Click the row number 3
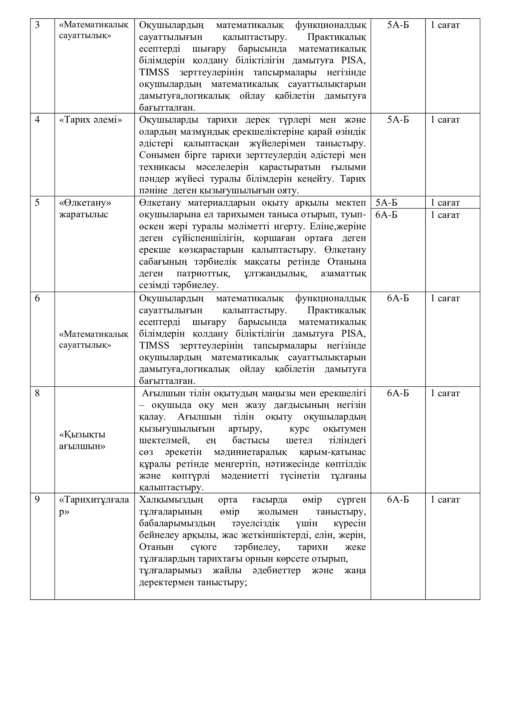pyautogui.click(x=37, y=25)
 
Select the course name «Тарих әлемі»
pyautogui.click(x=90, y=120)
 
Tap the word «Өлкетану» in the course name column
pyautogui.click(x=85, y=203)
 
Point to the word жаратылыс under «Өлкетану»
pyautogui.click(x=83, y=215)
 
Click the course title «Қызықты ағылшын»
pyautogui.click(x=82, y=440)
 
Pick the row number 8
pyautogui.click(x=37, y=393)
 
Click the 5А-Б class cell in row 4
pyautogui.click(x=398, y=120)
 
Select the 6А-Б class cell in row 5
pyautogui.click(x=387, y=215)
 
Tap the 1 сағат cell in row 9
pyautogui.click(x=445, y=500)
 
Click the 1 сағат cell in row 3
pyautogui.click(x=445, y=25)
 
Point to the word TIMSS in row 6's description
pyautogui.click(x=154, y=346)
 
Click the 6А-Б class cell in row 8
pyautogui.click(x=398, y=393)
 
